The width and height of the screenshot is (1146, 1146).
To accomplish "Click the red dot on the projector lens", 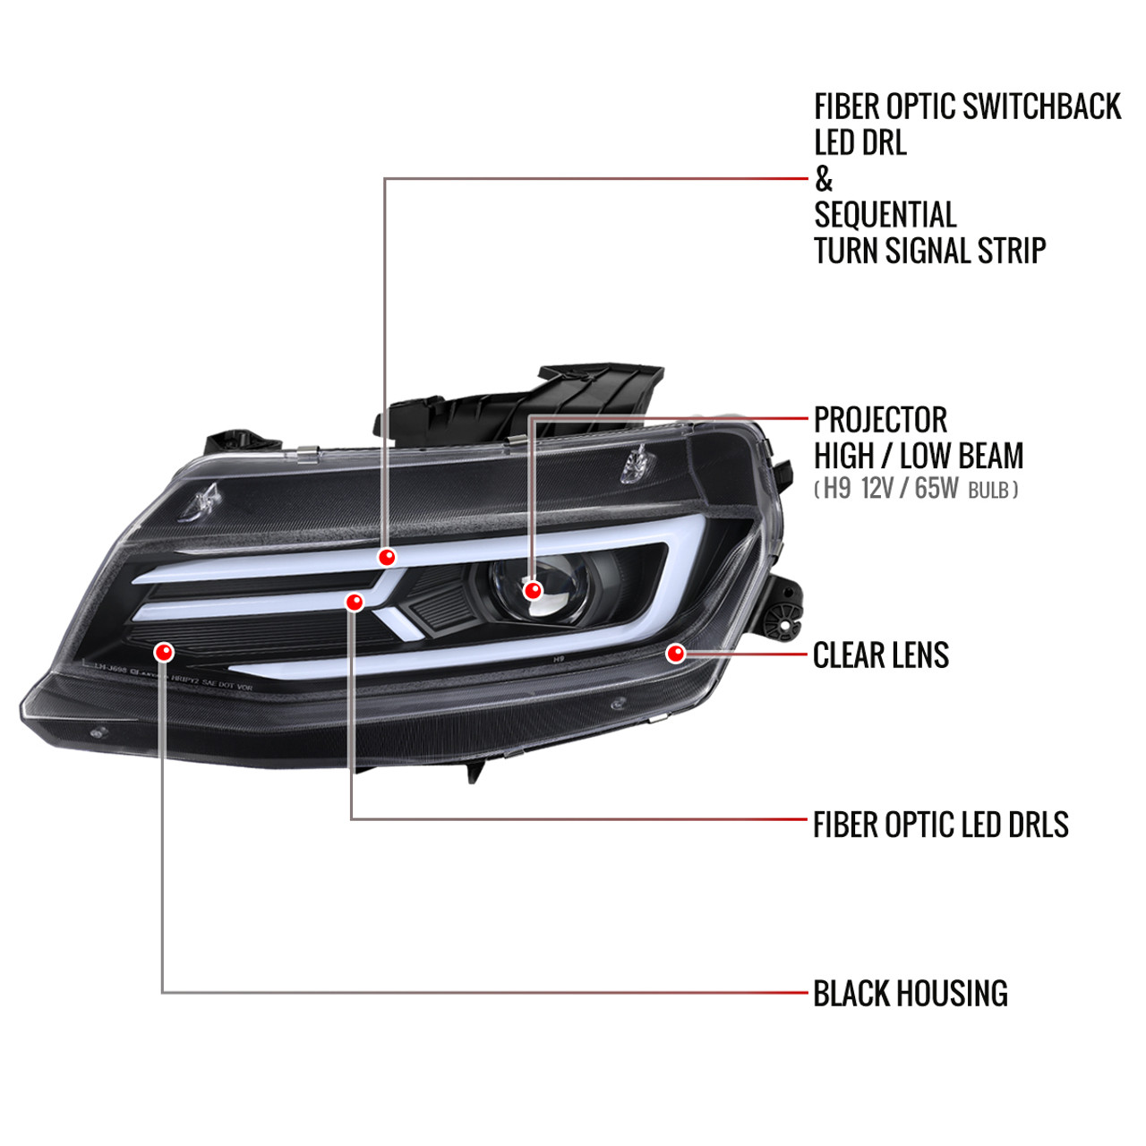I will click(533, 590).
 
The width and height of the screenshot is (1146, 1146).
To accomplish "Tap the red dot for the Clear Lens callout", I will click(676, 654).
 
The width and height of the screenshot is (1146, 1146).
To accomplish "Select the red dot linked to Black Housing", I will click(163, 649).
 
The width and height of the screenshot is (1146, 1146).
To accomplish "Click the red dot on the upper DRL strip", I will click(386, 557).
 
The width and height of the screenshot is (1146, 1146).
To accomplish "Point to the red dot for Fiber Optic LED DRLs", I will click(354, 602).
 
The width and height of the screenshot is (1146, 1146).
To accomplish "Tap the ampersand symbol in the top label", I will click(824, 179).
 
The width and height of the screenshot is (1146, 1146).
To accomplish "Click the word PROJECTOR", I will click(880, 419).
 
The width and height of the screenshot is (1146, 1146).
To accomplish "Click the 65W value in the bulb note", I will click(936, 489).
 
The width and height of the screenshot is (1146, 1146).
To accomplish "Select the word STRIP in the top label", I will click(1011, 250).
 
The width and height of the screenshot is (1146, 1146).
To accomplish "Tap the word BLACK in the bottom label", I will click(851, 993).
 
